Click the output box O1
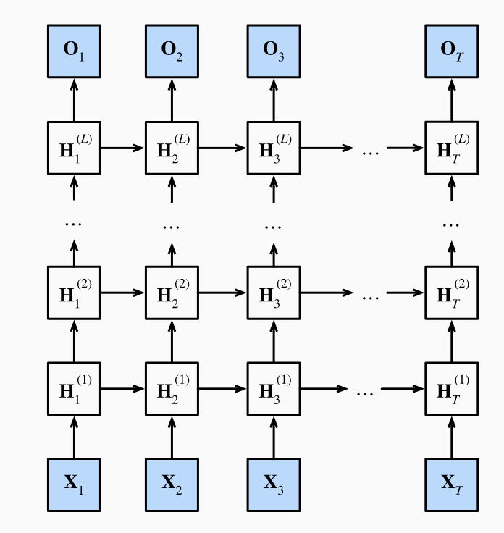click(74, 51)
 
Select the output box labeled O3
click(273, 51)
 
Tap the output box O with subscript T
click(451, 51)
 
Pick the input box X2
click(172, 483)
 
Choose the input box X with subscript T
click(451, 483)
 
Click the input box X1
click(74, 483)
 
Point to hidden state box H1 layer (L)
click(74, 148)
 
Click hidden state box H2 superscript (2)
click(172, 293)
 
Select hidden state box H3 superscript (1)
click(273, 389)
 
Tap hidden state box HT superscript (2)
click(451, 293)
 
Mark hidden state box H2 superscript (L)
click(172, 148)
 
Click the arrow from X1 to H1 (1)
click(74, 436)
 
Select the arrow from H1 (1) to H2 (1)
click(122, 389)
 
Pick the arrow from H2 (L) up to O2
click(172, 100)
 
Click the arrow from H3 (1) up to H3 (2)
click(273, 340)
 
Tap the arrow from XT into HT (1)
click(451, 436)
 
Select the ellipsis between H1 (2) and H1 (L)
click(74, 223)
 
